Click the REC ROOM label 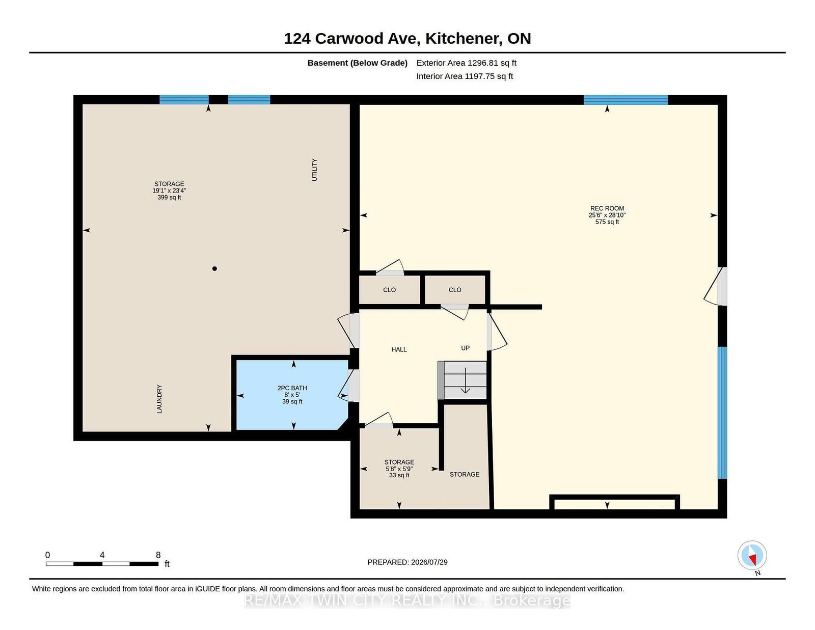[x=607, y=208]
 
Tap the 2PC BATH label [x=292, y=388]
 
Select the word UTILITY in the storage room [x=315, y=170]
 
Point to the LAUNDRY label [x=159, y=399]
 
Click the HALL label [x=399, y=349]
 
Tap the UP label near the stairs [x=466, y=348]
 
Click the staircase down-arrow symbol [x=466, y=380]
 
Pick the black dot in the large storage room [x=214, y=268]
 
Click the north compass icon [x=752, y=555]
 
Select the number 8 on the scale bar [x=158, y=555]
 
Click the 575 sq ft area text [x=607, y=222]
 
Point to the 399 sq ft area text [x=169, y=198]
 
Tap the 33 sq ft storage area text [x=399, y=476]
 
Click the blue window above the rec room [x=626, y=100]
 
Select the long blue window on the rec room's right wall [x=722, y=413]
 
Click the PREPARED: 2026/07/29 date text [x=407, y=562]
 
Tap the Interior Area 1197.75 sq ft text [x=465, y=76]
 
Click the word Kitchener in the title [x=464, y=39]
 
